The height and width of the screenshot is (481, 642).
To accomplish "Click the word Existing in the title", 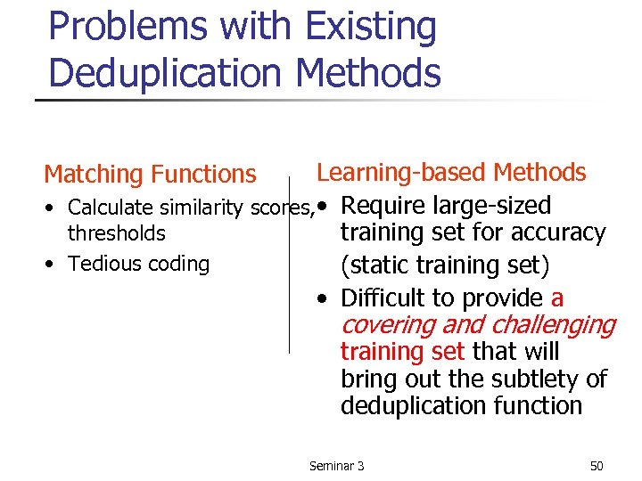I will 371,27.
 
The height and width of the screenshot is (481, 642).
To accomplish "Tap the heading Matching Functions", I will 150,175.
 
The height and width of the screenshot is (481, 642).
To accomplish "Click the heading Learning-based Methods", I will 451,173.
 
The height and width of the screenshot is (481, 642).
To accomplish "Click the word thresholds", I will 117,233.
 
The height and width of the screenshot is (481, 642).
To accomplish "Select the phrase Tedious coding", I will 138,264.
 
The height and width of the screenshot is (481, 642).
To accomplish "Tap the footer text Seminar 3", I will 336,466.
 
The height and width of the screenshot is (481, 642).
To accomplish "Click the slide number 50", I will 597,466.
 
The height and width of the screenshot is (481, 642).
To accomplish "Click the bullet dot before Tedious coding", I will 54,264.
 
